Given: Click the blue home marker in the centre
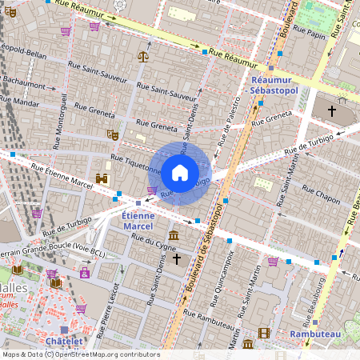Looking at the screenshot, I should point(180,171).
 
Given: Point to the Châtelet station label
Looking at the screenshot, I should point(64,341).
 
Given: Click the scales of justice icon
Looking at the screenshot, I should point(143,56).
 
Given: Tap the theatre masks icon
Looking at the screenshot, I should point(113,136).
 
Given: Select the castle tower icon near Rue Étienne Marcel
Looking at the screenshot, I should point(102,178).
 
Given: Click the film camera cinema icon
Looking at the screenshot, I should point(264,333).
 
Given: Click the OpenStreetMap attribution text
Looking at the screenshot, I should point(80,354).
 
